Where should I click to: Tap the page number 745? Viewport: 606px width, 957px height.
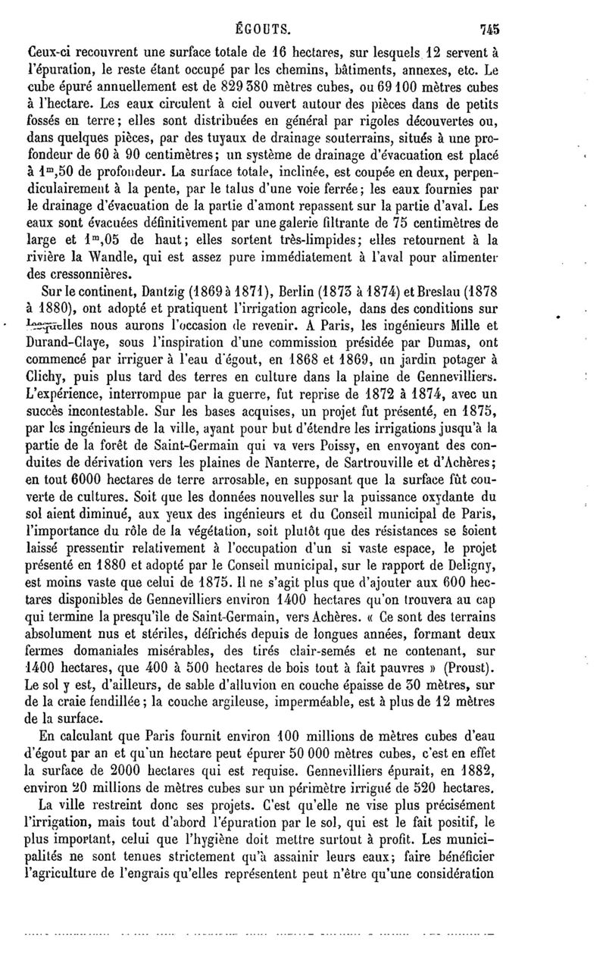(492, 12)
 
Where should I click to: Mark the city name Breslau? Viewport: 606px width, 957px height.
(431, 292)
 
